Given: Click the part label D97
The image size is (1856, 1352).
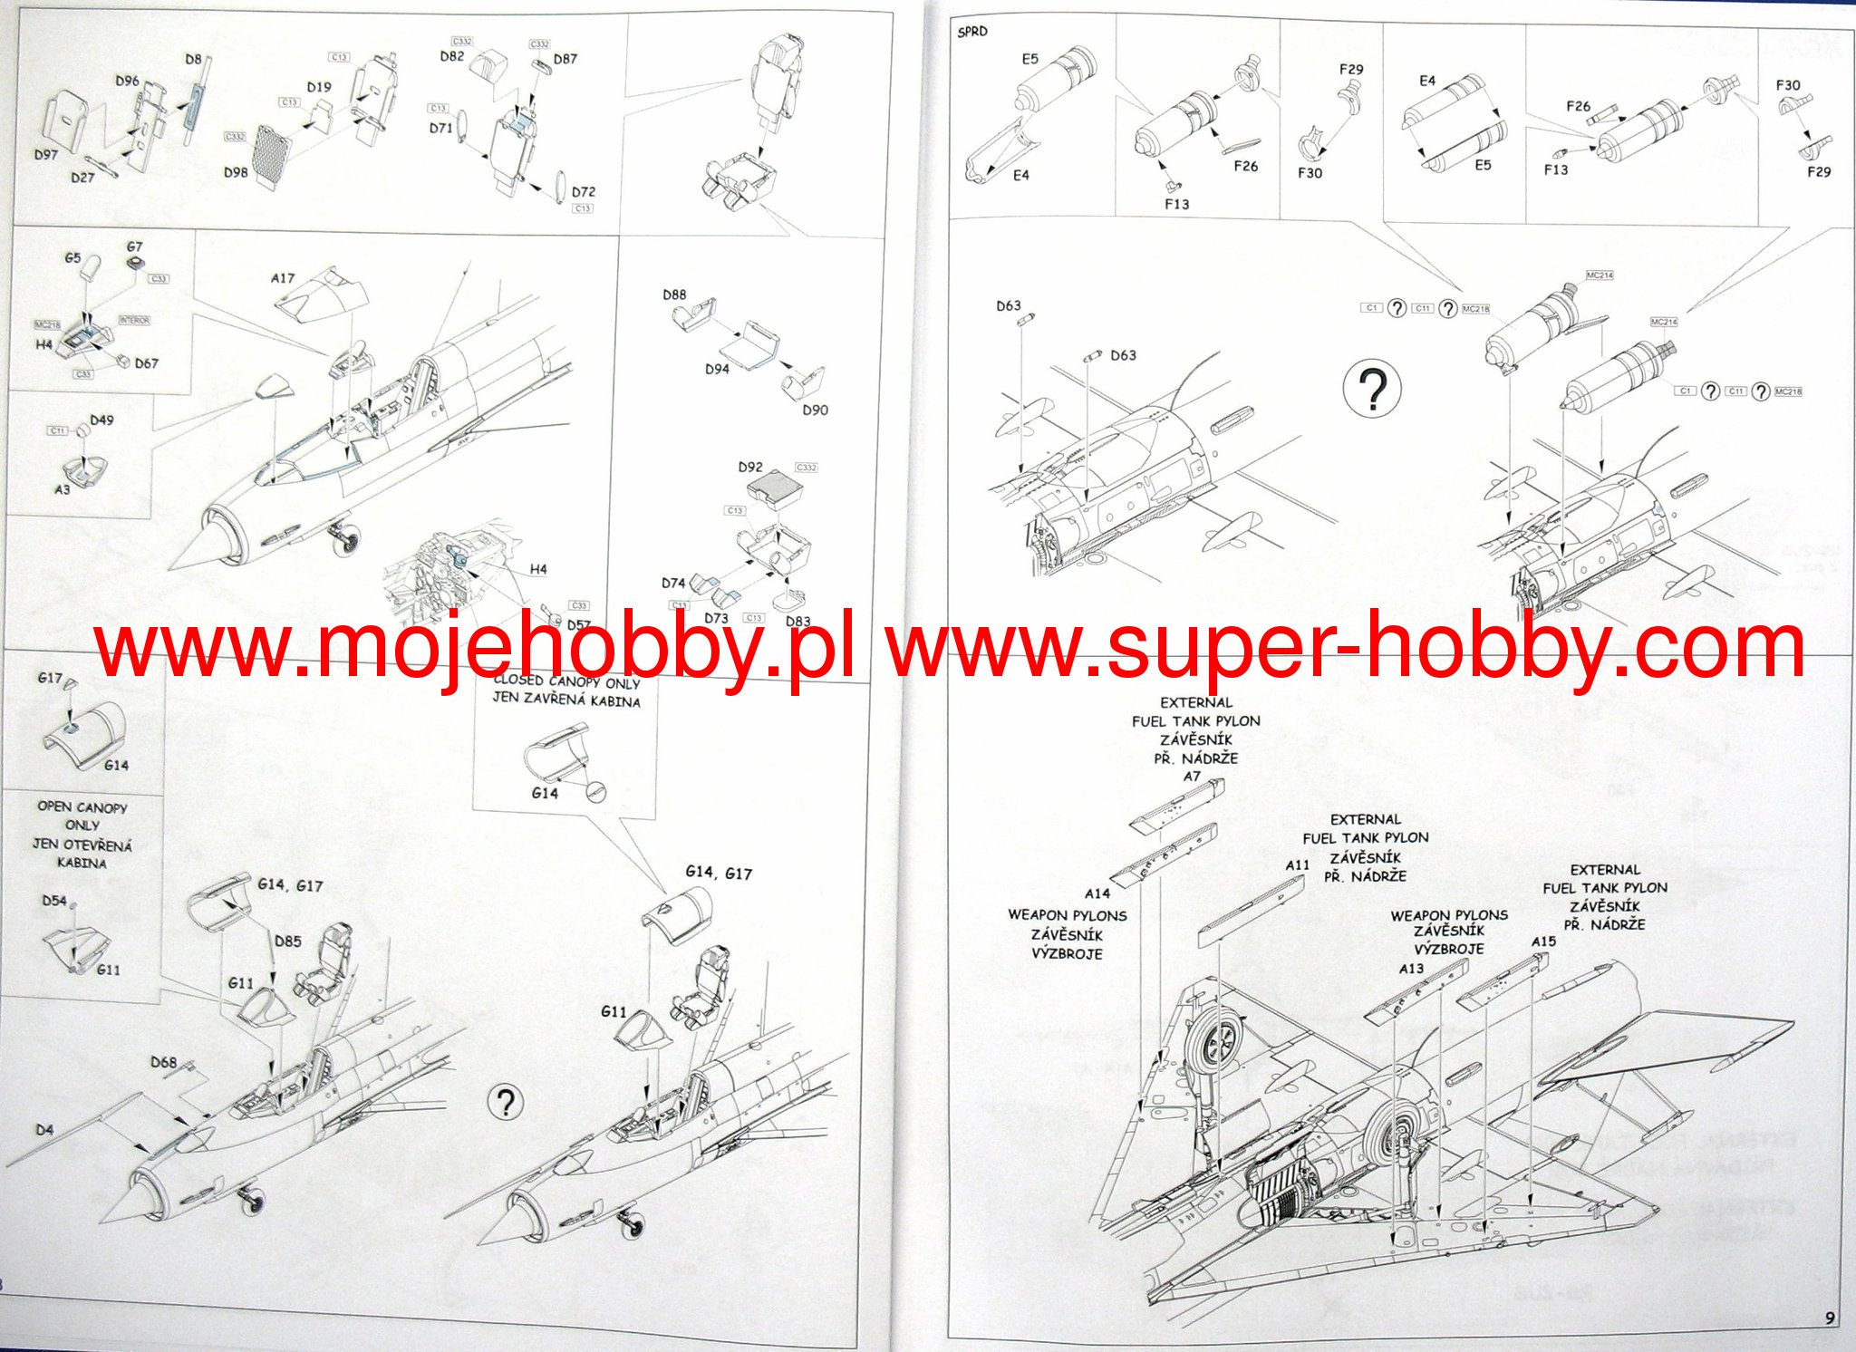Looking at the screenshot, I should (x=46, y=154).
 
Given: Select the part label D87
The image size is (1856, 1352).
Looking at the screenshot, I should (x=565, y=59).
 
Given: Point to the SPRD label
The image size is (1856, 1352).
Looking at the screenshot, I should (x=972, y=32).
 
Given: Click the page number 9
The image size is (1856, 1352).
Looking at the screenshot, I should (x=1830, y=1318).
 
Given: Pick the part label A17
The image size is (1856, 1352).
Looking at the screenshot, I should (x=283, y=278).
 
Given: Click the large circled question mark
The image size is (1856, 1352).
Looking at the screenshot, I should (x=1372, y=389).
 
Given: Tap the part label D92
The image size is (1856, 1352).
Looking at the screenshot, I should (x=750, y=468).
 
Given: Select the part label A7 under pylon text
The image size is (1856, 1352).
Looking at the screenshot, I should (x=1192, y=777).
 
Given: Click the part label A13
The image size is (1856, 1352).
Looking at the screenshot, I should (x=1411, y=969).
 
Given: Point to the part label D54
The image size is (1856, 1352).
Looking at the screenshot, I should (x=54, y=901).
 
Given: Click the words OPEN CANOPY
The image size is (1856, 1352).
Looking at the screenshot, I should (x=82, y=806).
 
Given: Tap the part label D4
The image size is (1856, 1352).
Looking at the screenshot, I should (x=44, y=1130).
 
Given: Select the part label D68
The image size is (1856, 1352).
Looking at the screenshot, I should (x=164, y=1062).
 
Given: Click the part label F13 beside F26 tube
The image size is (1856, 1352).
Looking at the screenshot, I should (x=1555, y=169).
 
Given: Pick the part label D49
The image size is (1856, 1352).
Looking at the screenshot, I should (x=101, y=420).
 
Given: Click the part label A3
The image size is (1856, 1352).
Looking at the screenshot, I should (x=62, y=489).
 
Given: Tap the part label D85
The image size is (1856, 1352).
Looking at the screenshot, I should (x=288, y=942).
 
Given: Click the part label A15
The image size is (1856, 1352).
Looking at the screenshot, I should (x=1543, y=942).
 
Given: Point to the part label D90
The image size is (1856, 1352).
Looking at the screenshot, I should (x=815, y=410).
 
